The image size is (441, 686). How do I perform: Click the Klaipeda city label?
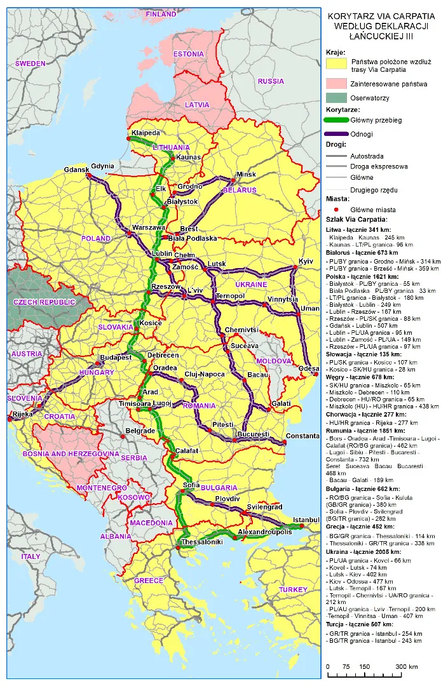click(145, 133)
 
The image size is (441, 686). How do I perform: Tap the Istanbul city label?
click(306, 520)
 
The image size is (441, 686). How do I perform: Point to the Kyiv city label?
click(306, 262)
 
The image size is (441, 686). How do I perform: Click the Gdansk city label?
click(76, 170)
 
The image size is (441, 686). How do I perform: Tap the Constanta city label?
click(302, 436)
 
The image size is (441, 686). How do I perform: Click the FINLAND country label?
click(161, 13)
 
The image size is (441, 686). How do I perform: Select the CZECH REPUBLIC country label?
click(40, 302)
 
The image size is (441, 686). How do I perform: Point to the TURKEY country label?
click(293, 589)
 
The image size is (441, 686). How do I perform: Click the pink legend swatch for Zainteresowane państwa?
click(337, 83)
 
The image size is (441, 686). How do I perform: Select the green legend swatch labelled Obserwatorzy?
click(337, 98)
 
